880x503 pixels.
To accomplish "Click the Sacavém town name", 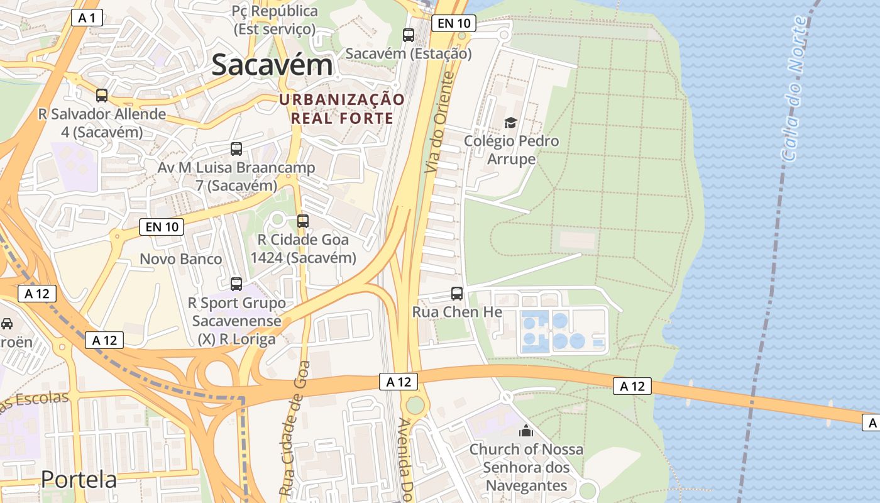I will point(272,65).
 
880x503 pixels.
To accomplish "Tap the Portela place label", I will point(79,479).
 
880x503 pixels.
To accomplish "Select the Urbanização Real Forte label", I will point(342,109).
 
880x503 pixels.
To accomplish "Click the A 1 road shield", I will point(87,18).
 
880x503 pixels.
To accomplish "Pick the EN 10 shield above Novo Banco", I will point(162,227).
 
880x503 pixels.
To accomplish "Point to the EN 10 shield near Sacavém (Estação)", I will point(454,24).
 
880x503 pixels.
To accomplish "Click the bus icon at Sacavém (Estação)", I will point(409,35).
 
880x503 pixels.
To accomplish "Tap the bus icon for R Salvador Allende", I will point(102,96).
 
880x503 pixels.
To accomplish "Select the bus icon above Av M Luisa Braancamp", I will point(236,149).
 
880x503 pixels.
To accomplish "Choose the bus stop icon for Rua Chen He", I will point(457,293).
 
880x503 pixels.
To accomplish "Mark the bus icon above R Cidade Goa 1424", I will point(303,221).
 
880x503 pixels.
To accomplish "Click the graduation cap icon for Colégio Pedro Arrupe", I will point(510,123).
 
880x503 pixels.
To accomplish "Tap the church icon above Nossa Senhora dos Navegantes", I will point(525,431).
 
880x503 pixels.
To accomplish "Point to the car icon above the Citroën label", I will point(7,324).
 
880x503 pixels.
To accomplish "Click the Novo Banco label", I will point(180,259).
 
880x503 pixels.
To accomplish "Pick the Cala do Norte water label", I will point(793,88).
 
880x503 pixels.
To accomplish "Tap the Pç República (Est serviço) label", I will point(275,19).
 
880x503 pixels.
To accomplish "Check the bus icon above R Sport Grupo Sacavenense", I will point(236,284).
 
